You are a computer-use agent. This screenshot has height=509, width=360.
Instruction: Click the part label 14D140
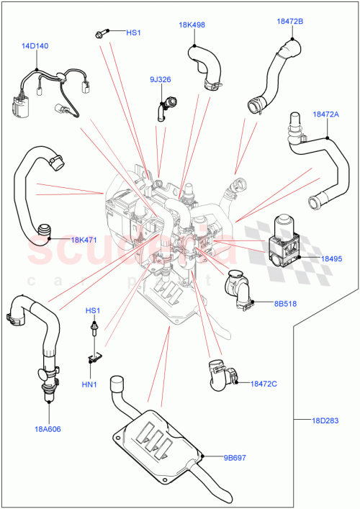coord(35,45)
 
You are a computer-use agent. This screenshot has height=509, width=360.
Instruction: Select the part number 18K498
coord(192,25)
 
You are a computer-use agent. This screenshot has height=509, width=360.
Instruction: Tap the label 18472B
coord(289,22)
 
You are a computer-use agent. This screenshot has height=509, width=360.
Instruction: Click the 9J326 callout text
coord(161,79)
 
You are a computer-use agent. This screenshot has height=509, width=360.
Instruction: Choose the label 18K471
coord(86,240)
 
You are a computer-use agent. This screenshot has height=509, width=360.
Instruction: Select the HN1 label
coord(89,384)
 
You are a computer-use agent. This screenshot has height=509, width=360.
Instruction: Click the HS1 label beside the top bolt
coord(135,33)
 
